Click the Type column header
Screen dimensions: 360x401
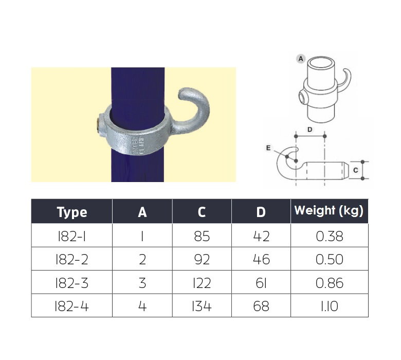[x=71, y=211]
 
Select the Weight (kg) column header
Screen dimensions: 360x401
[x=329, y=210]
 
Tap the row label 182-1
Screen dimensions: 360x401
[x=71, y=236]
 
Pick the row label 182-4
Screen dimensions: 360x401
[x=71, y=307]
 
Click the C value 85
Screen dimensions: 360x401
[x=202, y=236]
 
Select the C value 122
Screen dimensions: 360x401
[x=202, y=283]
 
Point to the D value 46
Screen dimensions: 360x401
[x=261, y=260]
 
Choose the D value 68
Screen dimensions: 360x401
[x=261, y=307]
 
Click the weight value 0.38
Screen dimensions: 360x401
[x=330, y=236]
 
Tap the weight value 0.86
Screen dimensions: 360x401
[x=330, y=283]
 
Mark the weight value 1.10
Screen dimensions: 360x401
[x=330, y=307]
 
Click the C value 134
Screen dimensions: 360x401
[x=202, y=307]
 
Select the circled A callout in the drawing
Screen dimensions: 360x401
[x=301, y=59]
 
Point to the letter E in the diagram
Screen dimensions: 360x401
[x=268, y=147]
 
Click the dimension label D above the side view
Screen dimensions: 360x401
[x=309, y=130]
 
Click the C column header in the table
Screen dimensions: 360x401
[x=202, y=211]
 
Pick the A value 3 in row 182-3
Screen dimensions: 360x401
[x=142, y=283]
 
